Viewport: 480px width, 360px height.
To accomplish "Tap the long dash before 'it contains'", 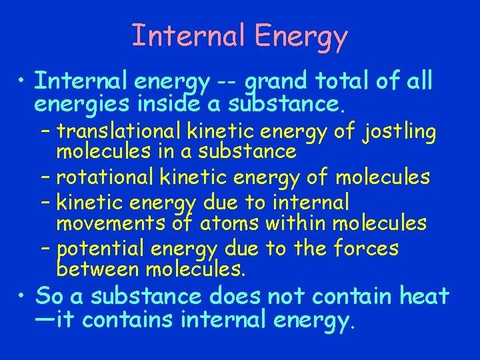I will pos(44,321).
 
